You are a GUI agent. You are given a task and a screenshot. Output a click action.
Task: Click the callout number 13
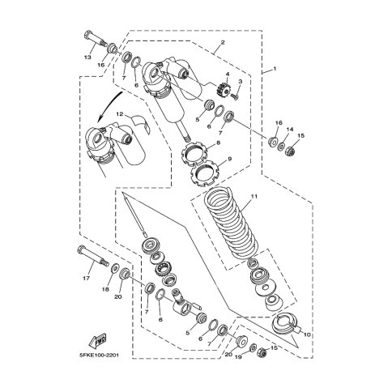coord(87,58)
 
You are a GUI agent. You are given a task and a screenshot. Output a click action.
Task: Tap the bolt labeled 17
coord(92,256)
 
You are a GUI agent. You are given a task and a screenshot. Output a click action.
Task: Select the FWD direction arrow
coord(97,341)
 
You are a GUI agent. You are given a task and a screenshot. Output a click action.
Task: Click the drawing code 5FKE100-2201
coord(99,355)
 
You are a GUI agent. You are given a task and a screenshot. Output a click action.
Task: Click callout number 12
coord(119,114)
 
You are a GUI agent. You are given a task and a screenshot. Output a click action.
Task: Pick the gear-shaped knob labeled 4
coord(223,89)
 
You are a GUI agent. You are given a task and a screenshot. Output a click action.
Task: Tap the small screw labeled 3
coord(235,96)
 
